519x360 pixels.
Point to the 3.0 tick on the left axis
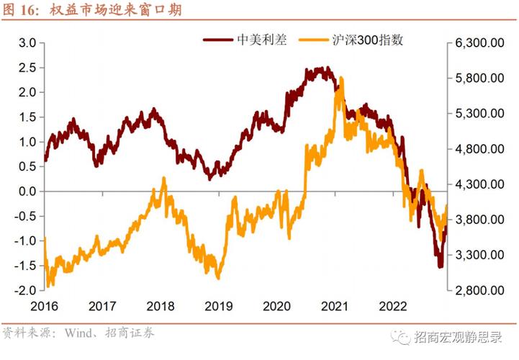[27, 43]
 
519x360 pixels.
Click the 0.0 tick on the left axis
[27, 192]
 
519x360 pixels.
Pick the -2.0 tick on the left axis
[25, 290]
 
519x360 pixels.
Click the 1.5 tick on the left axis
[27, 117]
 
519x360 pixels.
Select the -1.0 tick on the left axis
[25, 241]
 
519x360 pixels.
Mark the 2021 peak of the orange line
[339, 78]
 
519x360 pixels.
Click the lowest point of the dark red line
[440, 266]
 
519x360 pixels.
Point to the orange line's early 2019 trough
[217, 278]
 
